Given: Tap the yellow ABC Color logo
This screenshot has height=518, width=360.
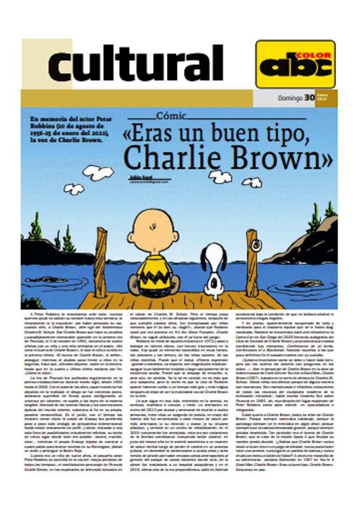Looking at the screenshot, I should (295, 64).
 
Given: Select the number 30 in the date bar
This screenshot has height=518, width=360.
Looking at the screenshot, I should (310, 98).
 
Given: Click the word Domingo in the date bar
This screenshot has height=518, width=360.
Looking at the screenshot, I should (290, 99).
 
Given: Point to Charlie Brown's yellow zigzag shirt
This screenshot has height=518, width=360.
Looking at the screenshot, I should (155, 273).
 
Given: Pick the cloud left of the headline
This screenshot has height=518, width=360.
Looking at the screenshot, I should (98, 172).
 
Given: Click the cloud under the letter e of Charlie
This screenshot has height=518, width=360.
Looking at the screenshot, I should (220, 176).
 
